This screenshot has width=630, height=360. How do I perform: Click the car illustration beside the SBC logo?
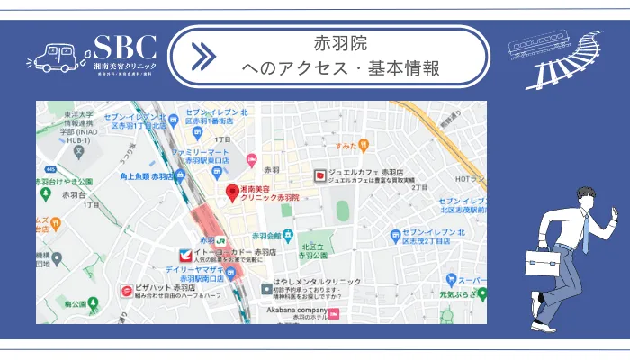[56, 57]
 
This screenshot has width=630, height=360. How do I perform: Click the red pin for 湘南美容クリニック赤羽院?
[231, 193]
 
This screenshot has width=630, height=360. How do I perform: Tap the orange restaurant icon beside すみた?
[364, 145]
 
